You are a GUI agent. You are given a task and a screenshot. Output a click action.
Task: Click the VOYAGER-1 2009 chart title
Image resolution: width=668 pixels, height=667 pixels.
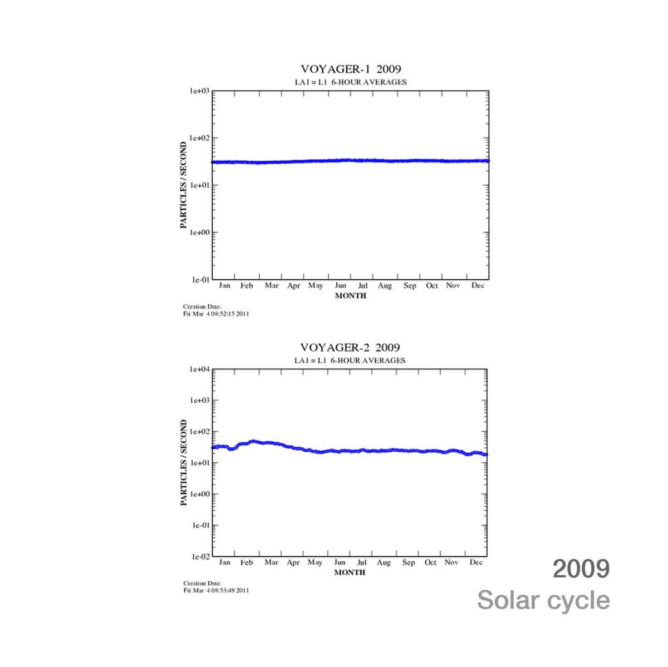[x=351, y=69]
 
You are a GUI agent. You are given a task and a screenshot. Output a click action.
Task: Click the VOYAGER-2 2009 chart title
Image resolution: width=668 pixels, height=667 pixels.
[x=350, y=348]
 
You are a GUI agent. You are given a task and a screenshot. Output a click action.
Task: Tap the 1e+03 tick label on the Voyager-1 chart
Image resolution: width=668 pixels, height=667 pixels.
[x=198, y=91]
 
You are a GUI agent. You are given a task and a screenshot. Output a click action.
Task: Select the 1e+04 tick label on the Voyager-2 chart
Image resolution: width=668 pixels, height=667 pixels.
[x=199, y=369]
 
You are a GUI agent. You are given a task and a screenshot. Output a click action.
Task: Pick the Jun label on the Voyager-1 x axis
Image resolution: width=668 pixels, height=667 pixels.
[x=340, y=285]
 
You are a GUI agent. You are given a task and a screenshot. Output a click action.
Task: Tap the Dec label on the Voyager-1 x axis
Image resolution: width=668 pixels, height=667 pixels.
[x=478, y=285]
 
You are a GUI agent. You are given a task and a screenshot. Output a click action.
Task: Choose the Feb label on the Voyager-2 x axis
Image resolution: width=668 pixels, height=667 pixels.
[x=247, y=562]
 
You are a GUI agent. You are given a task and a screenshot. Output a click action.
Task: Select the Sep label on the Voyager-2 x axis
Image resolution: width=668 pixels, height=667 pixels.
[x=409, y=562]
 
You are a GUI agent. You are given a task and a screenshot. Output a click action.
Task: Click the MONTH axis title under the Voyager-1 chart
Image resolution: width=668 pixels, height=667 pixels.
[x=351, y=296]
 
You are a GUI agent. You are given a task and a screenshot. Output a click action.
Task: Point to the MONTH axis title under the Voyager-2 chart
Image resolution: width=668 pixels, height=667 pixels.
[x=350, y=572]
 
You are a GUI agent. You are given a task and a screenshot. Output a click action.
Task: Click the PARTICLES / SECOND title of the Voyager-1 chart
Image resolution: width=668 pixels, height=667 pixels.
[x=183, y=185]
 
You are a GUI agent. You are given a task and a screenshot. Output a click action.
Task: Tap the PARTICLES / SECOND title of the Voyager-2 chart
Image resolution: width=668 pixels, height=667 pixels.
[x=184, y=463]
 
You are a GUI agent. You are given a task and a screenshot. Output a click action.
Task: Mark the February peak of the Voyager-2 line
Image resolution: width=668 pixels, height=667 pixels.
[x=253, y=442]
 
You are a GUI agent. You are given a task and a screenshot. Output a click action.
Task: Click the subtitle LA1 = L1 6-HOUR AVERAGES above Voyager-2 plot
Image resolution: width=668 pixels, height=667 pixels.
[x=350, y=360]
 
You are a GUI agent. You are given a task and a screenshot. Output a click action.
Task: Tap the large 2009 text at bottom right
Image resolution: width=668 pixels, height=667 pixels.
[x=581, y=569]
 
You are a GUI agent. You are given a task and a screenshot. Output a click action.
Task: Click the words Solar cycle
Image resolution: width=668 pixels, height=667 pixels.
[x=543, y=600]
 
